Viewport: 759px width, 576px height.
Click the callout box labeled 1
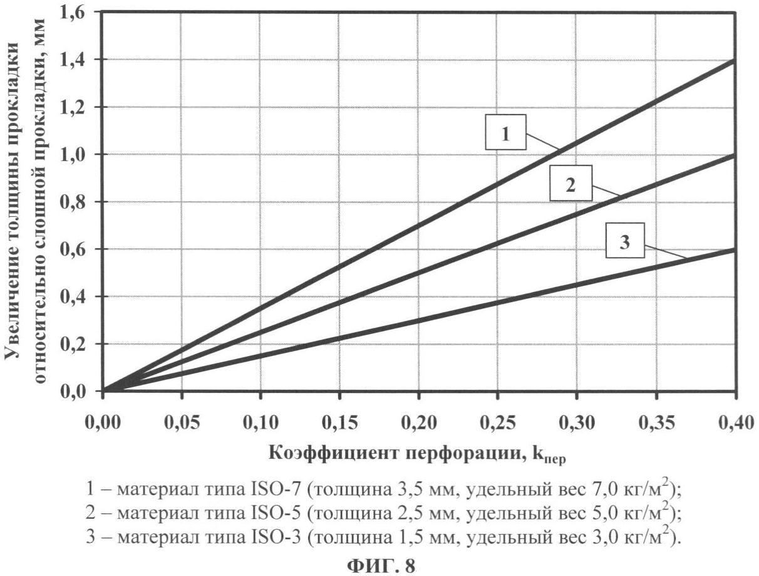(x=505, y=132)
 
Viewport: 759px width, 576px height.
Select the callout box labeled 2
(x=570, y=184)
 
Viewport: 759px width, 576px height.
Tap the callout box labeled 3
(x=624, y=243)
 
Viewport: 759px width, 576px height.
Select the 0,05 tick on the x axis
(x=182, y=424)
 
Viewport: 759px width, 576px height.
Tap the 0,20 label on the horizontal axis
(x=418, y=424)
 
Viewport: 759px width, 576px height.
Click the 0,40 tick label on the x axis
(x=734, y=424)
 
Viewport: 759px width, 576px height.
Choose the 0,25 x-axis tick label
(x=497, y=424)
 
